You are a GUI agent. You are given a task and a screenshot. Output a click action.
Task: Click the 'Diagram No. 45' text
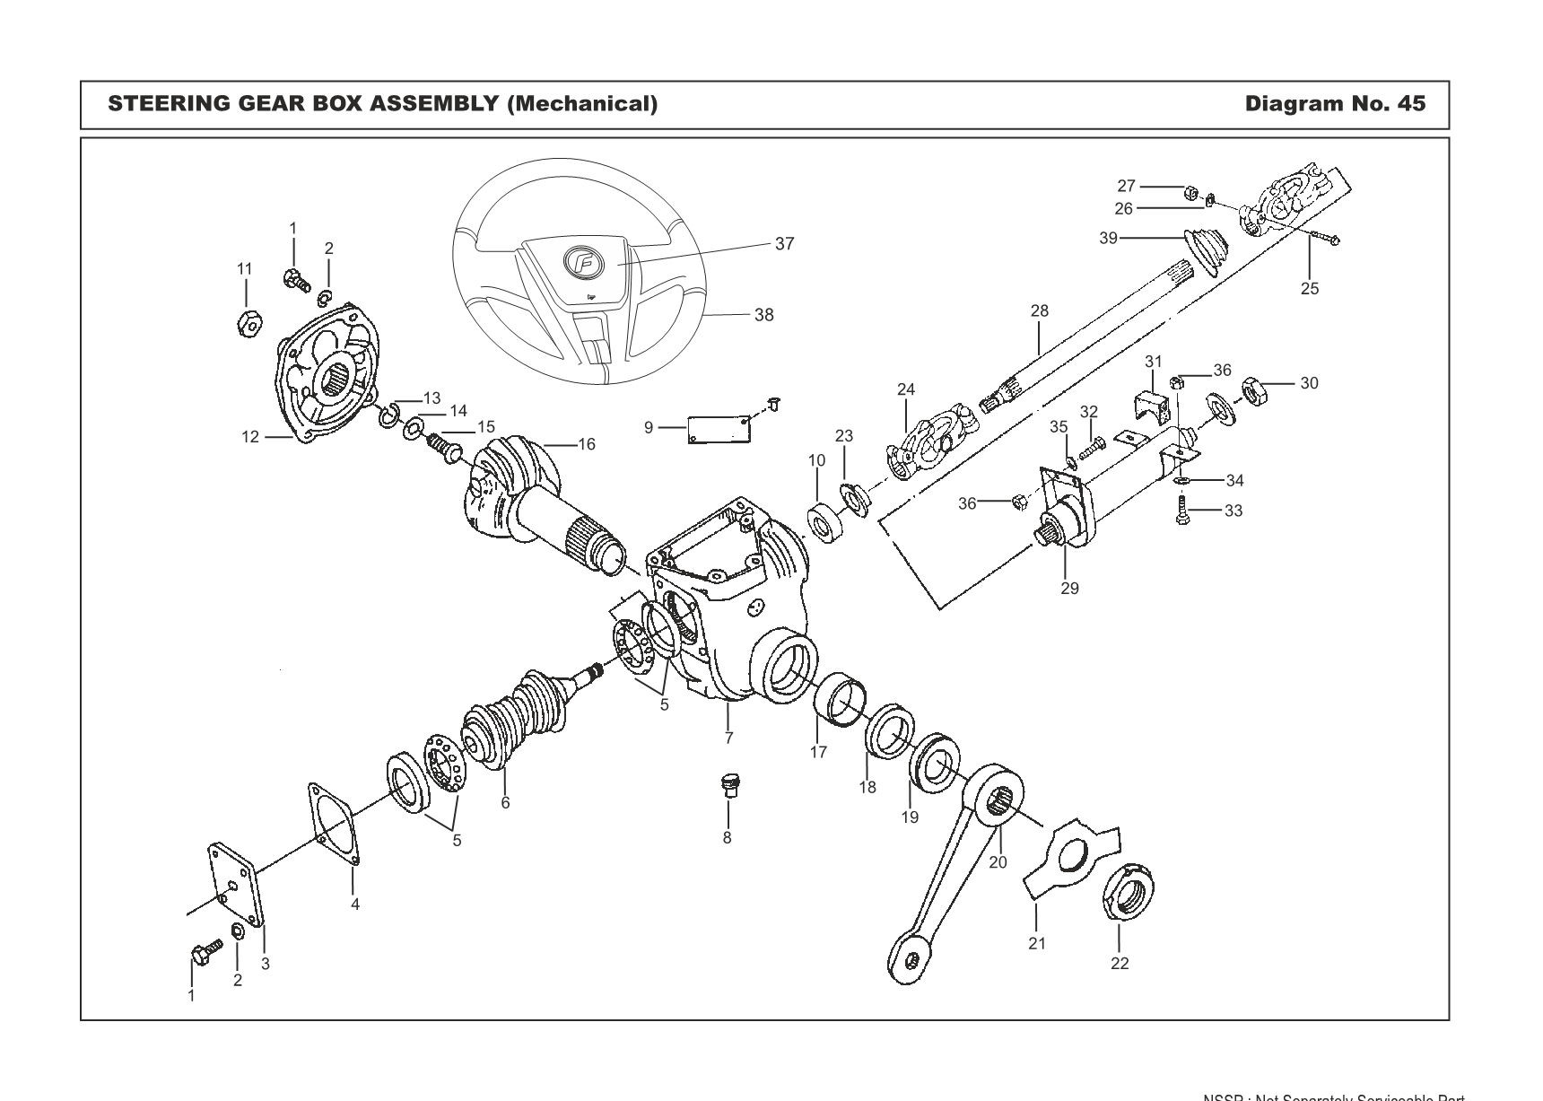(1333, 104)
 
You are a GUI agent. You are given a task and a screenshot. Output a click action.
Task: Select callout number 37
(784, 244)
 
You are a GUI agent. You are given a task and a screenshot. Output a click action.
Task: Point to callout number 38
(763, 315)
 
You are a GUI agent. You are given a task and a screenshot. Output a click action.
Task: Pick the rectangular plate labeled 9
(718, 428)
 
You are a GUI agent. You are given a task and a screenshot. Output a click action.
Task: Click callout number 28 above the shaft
(1039, 311)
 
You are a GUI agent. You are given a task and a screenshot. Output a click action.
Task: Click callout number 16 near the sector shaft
(587, 444)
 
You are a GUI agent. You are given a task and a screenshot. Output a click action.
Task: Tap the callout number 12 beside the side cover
(249, 437)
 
